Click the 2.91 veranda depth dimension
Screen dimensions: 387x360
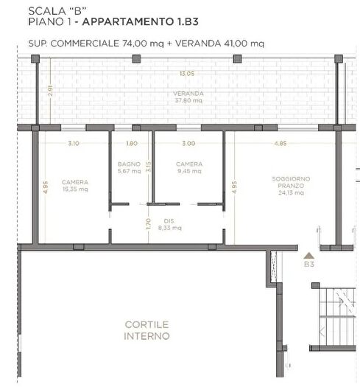(x=49, y=91)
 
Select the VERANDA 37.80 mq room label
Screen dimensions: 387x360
(x=188, y=98)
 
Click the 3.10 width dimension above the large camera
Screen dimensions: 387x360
(x=74, y=144)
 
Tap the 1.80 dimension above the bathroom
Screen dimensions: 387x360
(x=132, y=144)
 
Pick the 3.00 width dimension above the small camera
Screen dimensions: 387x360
(x=188, y=144)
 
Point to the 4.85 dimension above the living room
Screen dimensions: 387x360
(x=280, y=144)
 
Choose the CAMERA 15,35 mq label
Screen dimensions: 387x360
(x=75, y=185)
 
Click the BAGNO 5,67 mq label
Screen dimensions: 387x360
(x=129, y=167)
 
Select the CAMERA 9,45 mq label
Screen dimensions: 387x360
(x=188, y=167)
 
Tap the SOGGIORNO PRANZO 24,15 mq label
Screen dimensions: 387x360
(x=284, y=186)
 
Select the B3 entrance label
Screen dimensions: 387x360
(x=309, y=263)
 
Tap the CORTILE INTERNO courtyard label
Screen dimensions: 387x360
(x=147, y=330)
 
